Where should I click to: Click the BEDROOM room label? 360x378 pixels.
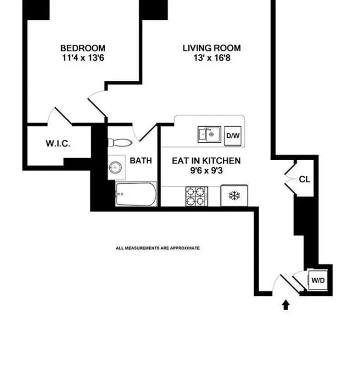83,48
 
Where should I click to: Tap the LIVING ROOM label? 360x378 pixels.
211,48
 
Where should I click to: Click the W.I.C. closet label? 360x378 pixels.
58,144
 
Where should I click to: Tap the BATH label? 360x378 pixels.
140,161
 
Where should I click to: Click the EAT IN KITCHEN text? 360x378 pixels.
206,161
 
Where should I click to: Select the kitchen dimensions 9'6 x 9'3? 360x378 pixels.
206,171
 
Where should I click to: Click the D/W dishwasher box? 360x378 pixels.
233,135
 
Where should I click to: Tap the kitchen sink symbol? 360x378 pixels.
209,135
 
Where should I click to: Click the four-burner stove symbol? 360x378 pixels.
196,196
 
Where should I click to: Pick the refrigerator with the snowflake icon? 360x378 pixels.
234,196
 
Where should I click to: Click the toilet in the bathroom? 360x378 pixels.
121,142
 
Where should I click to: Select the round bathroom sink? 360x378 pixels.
115,167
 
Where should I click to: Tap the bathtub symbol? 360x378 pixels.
136,194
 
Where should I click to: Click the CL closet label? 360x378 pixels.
304,180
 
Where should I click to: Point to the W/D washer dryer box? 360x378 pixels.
316,281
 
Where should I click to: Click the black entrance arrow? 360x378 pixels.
286,305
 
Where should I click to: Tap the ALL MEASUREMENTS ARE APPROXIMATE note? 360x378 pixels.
158,248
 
